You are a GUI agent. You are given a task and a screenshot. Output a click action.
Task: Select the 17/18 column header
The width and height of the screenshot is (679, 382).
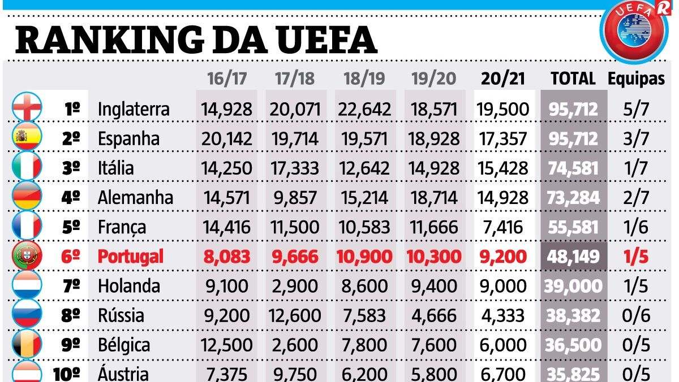point(294,78)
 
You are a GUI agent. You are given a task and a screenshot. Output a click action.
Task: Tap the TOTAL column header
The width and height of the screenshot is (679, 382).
point(573,78)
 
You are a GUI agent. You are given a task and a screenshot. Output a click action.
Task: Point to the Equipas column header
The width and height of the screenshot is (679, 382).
point(636,78)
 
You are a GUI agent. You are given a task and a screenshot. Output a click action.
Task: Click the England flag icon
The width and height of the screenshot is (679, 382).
point(27,108)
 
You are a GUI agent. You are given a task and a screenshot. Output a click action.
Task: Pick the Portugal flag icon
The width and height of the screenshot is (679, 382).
point(27,256)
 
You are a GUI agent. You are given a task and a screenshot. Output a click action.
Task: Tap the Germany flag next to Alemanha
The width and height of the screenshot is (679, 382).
point(27,197)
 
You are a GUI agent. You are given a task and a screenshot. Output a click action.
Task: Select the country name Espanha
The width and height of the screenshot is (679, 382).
point(128,138)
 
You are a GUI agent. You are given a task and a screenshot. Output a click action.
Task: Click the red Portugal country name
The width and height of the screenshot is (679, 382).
point(131,256)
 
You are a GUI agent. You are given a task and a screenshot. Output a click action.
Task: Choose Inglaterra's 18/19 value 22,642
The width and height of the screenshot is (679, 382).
point(364,108)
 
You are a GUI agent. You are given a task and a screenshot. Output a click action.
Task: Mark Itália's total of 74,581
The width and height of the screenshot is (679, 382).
point(573,168)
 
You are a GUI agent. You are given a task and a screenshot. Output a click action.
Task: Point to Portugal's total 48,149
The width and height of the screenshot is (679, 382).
point(573,256)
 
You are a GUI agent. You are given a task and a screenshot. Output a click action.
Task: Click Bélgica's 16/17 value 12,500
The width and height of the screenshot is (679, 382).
point(226,345)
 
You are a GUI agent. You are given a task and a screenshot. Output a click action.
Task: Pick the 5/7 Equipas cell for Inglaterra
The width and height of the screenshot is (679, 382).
point(636,108)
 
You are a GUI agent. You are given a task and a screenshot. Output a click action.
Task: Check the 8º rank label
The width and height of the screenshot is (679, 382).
point(71,315)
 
